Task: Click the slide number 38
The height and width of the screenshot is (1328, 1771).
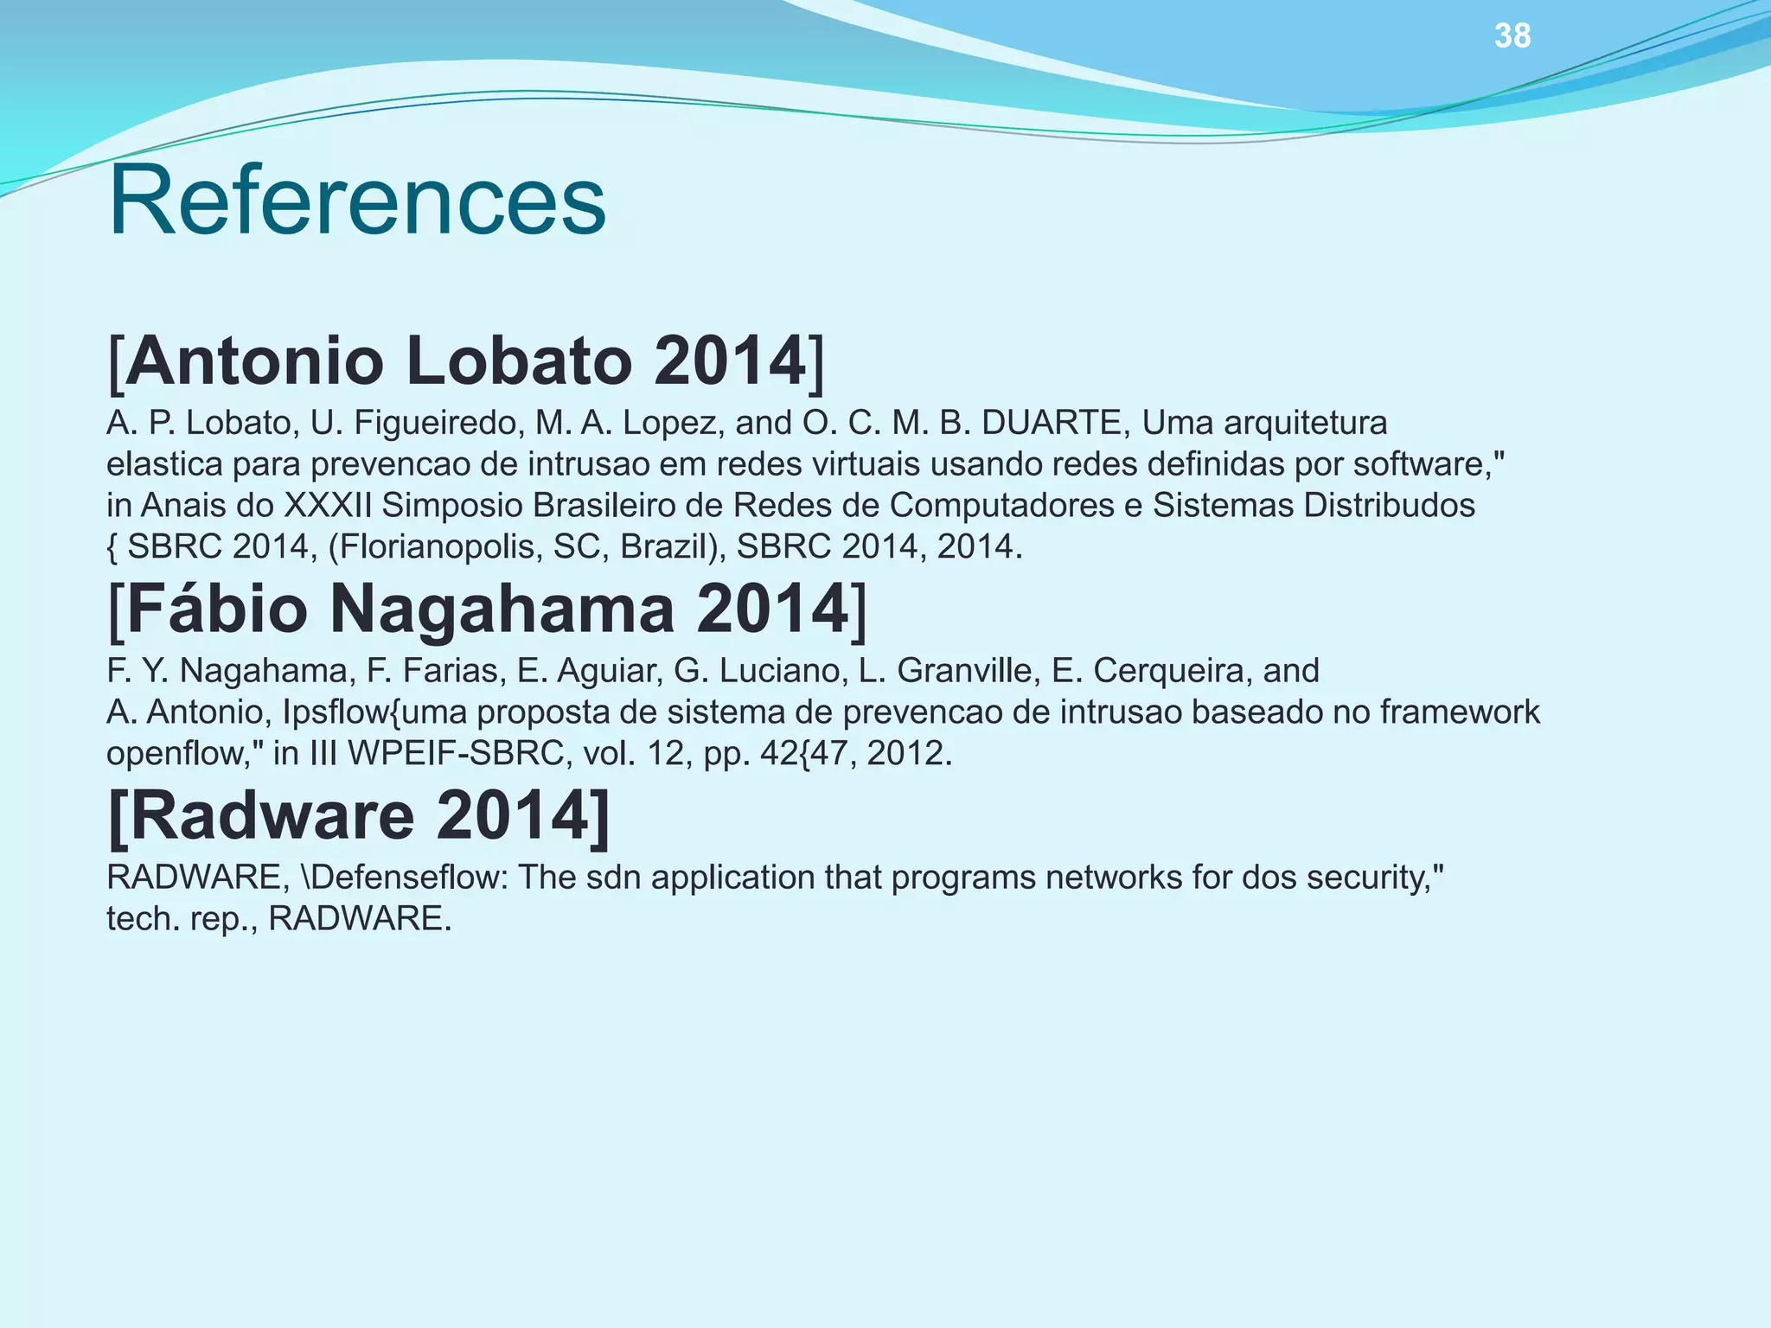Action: point(1512,36)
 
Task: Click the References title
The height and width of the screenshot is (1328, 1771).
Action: point(356,201)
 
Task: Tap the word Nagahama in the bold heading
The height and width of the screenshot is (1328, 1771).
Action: point(502,609)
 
